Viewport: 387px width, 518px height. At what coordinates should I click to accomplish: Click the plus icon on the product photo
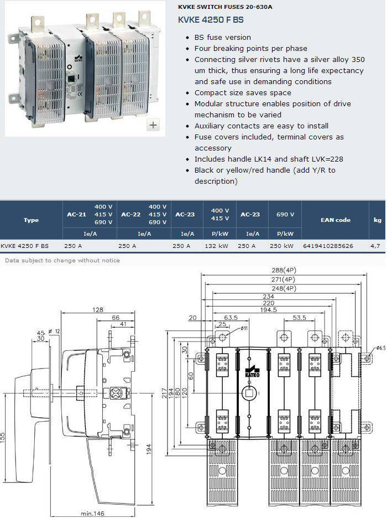(x=153, y=125)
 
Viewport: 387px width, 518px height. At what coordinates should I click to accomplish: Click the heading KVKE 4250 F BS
(x=211, y=20)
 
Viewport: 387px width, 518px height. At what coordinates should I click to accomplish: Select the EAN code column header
(x=336, y=220)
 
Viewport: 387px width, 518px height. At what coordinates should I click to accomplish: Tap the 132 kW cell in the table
(x=216, y=246)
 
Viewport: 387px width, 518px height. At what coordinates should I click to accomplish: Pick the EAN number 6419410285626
(x=328, y=246)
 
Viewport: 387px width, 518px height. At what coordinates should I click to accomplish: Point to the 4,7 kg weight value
(x=375, y=246)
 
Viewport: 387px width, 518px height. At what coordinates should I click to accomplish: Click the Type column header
(x=31, y=220)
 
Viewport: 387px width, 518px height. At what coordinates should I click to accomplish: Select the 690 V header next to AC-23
(x=285, y=214)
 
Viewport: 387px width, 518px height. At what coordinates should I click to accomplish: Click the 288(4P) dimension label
(x=284, y=270)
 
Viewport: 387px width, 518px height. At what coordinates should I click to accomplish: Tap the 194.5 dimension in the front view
(x=268, y=310)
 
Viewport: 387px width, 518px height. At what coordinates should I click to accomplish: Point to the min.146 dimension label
(x=92, y=514)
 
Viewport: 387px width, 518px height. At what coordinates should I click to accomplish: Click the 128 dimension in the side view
(x=98, y=310)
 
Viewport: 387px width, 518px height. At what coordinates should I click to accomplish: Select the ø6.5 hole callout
(x=380, y=348)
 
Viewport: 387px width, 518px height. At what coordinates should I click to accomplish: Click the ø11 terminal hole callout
(x=244, y=328)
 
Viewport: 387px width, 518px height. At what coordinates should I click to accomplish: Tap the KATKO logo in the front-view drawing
(x=253, y=372)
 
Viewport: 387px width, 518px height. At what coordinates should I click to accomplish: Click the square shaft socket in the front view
(x=249, y=393)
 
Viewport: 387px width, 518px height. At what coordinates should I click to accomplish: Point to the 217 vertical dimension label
(x=164, y=393)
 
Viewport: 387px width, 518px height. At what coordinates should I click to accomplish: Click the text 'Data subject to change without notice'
(x=62, y=260)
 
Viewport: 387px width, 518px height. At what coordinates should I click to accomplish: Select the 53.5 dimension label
(x=299, y=318)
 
